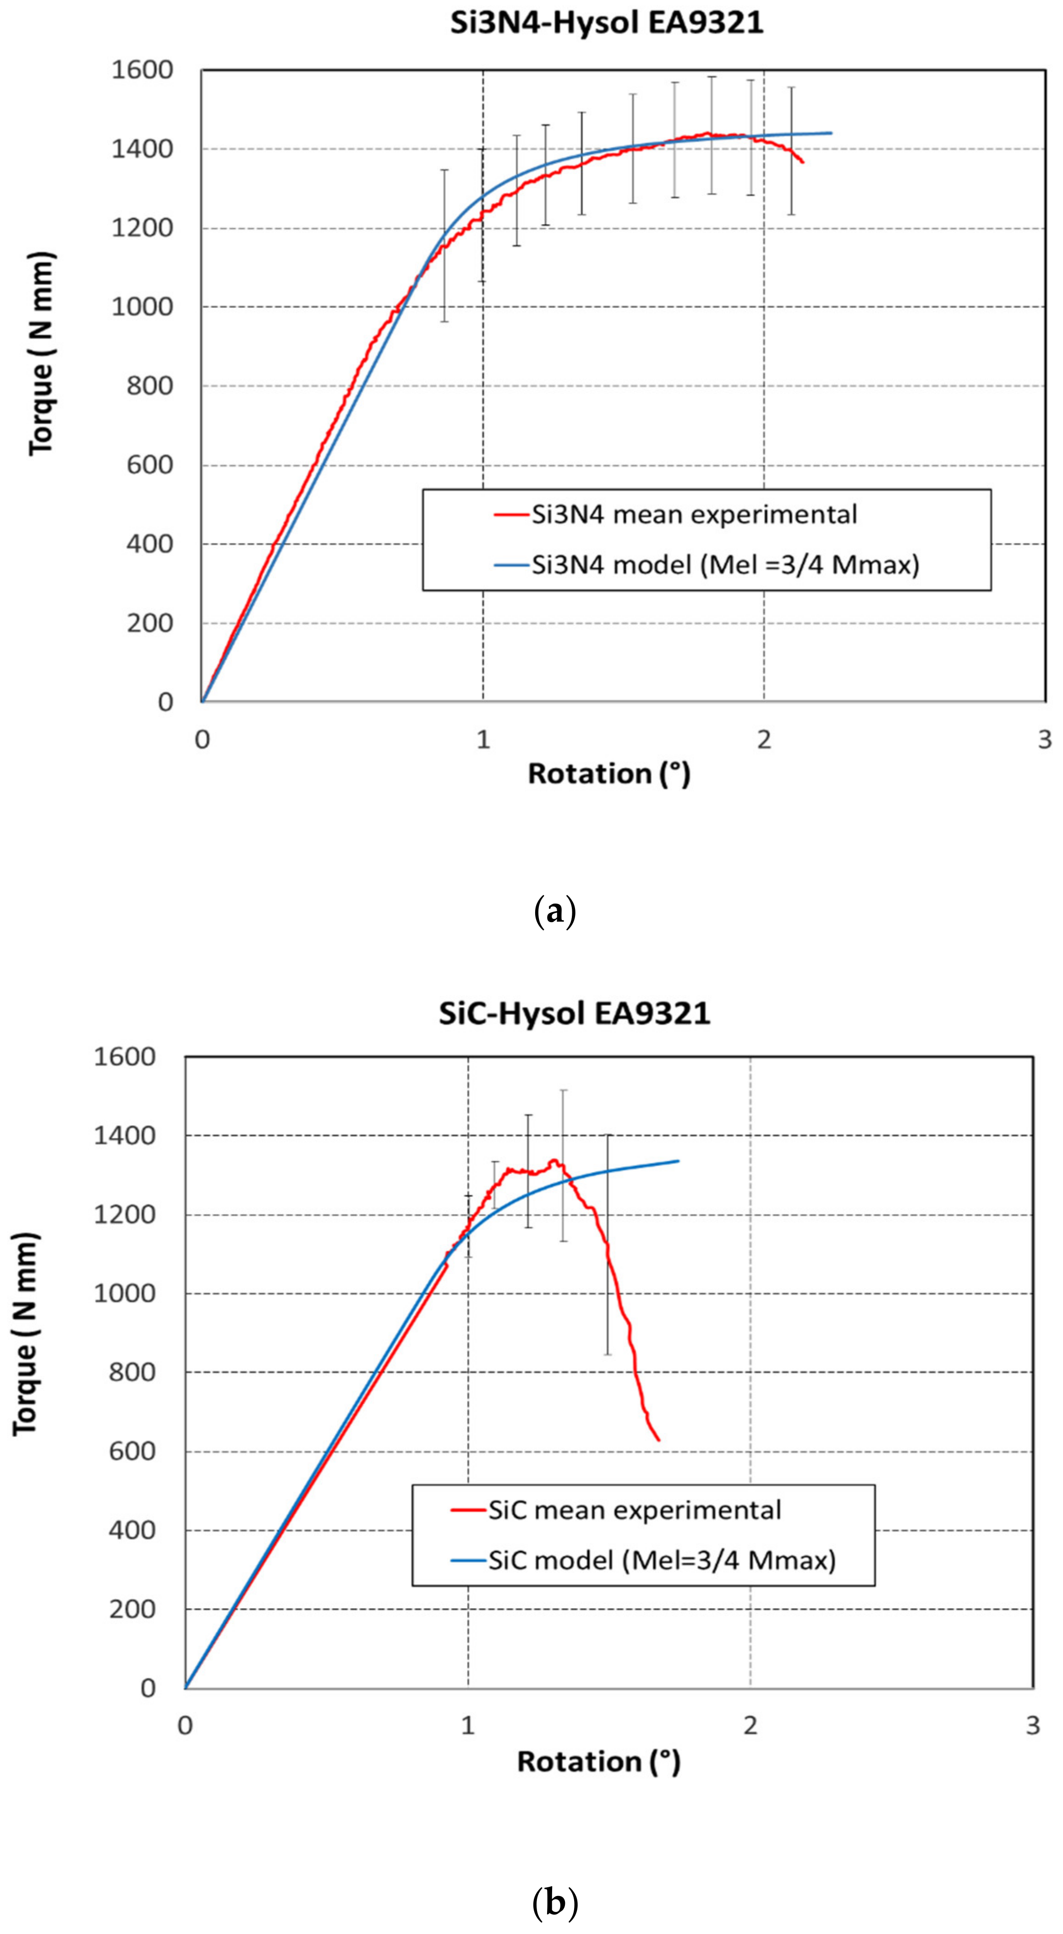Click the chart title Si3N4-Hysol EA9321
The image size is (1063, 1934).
click(x=607, y=22)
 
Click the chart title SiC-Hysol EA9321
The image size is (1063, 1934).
click(x=574, y=1014)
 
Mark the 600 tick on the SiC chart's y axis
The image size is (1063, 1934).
click(x=132, y=1451)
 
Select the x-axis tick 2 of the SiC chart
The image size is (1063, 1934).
click(x=750, y=1726)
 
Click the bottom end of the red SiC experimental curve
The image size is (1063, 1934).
click(x=658, y=1439)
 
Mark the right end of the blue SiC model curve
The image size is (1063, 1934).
click(x=678, y=1161)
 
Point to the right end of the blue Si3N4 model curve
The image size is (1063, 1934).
click(x=831, y=133)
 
